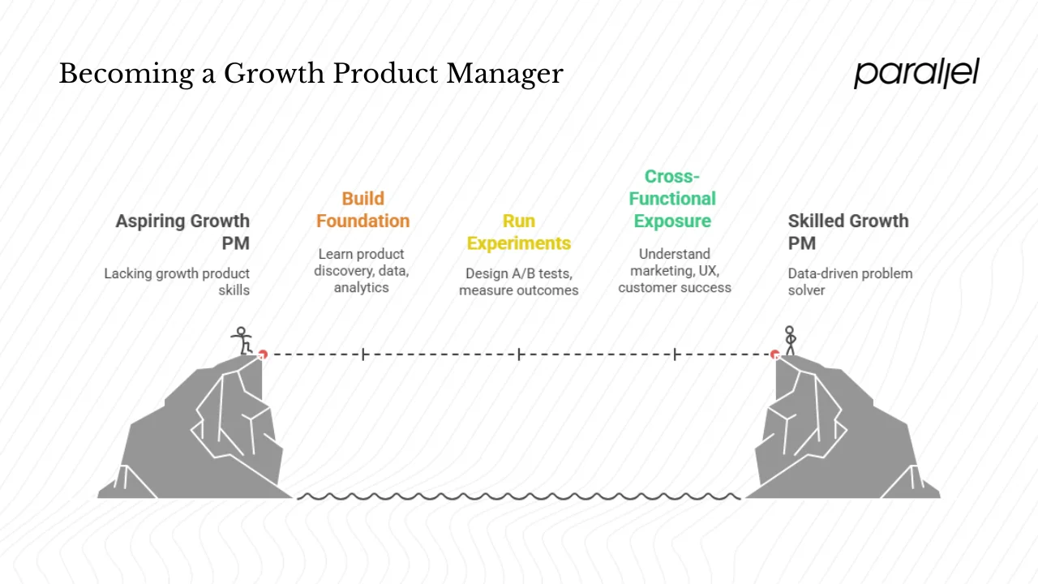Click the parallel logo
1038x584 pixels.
coord(916,73)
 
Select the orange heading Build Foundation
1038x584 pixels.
coord(362,210)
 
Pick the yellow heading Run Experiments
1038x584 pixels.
coord(519,232)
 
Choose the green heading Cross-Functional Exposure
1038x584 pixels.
coord(672,199)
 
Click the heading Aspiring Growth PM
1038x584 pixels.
coord(182,232)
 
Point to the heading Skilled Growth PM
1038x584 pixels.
coord(848,232)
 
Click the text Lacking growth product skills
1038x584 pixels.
coord(177,281)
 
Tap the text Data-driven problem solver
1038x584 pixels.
coord(850,281)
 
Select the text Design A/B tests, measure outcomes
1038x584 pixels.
coord(519,281)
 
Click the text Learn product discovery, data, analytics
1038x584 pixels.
coord(362,270)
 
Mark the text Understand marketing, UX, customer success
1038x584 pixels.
coord(675,270)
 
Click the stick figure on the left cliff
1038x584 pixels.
coord(242,341)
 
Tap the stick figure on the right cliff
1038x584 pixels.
coord(790,340)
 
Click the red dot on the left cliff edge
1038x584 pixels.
coord(263,354)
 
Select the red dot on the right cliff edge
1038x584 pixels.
coord(775,354)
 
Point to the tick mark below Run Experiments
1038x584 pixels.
coord(519,354)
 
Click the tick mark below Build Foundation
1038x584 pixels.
coord(364,354)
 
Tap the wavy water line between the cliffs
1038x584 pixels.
coord(519,496)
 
